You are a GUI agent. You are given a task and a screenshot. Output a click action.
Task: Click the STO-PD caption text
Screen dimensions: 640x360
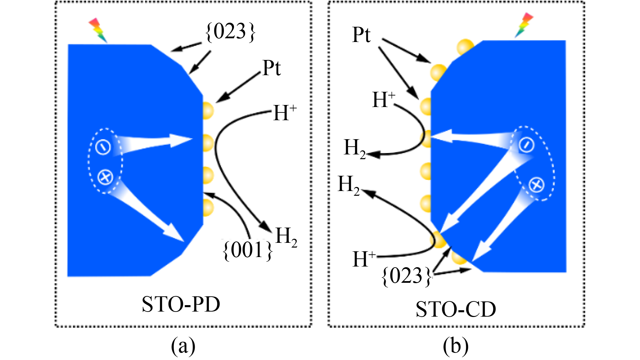[181, 304]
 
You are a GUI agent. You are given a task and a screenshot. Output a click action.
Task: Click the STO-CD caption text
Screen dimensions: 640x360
[456, 309]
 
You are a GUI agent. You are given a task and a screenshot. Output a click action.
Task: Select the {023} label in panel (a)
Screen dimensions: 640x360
[231, 32]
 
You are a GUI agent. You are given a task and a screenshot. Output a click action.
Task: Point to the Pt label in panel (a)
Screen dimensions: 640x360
[272, 68]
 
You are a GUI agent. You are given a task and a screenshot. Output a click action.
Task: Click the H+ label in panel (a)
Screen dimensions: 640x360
[285, 112]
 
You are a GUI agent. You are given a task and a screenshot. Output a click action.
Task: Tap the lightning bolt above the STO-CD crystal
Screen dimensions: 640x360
[524, 25]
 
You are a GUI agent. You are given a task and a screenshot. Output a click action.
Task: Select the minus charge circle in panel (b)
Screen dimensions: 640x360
[526, 145]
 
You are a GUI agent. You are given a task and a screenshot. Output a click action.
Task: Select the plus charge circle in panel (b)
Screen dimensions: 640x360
[536, 185]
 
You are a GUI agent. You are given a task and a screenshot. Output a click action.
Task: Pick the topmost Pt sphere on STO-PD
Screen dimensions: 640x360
[208, 110]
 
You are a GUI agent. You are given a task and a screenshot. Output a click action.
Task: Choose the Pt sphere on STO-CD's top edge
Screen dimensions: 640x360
[465, 47]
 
